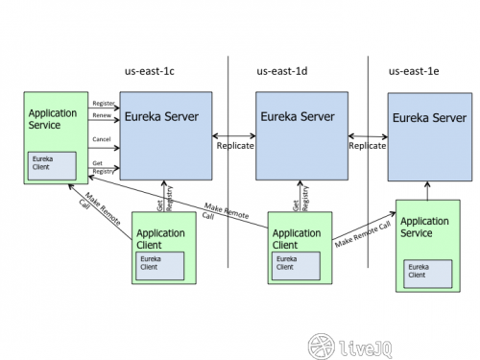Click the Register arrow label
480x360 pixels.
click(x=103, y=102)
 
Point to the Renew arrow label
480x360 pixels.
click(x=101, y=115)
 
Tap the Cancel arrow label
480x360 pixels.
click(x=102, y=138)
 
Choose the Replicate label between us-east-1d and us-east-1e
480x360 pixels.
click(x=367, y=146)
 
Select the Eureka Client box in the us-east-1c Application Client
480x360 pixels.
click(x=158, y=262)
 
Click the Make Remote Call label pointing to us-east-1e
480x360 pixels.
click(x=362, y=234)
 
